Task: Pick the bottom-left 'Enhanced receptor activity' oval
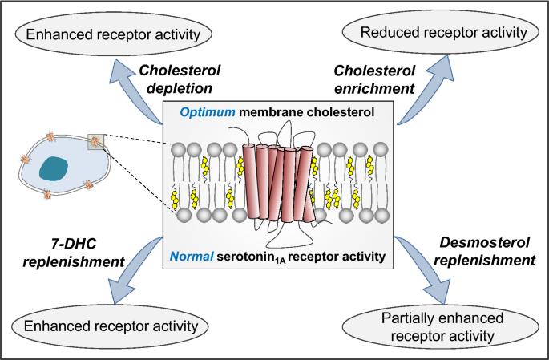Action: point(113,326)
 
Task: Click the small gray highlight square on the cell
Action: point(97,143)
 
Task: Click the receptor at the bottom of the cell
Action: point(50,196)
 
